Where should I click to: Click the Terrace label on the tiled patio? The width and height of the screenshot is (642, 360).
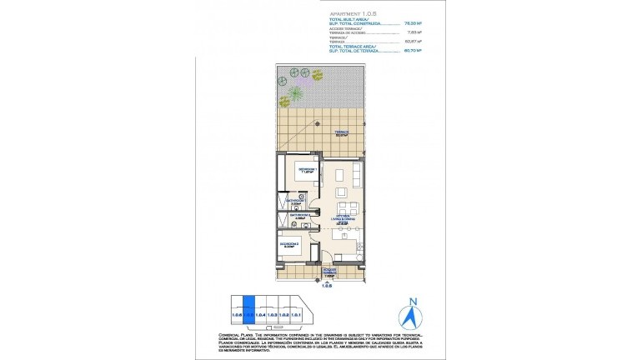(342, 133)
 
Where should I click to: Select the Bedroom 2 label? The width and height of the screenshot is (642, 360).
(288, 244)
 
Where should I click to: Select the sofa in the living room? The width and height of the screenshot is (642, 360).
(355, 174)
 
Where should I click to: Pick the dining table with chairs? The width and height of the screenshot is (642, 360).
(342, 205)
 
